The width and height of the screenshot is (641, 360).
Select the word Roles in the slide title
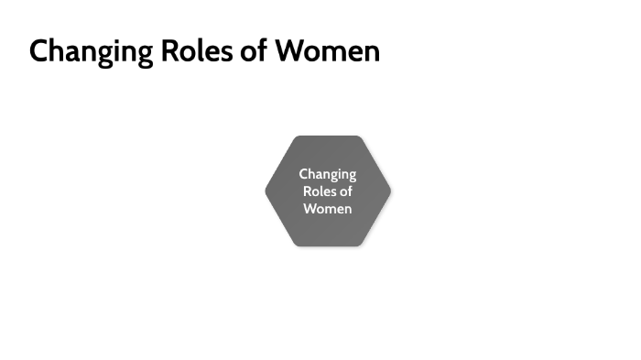[190, 50]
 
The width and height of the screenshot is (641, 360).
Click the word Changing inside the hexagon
[328, 174]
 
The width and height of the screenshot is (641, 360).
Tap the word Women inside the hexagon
[328, 209]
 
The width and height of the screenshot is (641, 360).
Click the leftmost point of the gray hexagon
[266, 191]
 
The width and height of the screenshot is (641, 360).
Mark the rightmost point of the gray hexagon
[391, 191]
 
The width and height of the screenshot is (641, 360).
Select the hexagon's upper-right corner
[360, 136]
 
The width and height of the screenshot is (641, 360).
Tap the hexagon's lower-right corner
[360, 245]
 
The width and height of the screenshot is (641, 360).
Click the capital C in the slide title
[39, 50]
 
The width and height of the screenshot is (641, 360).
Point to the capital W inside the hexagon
[310, 209]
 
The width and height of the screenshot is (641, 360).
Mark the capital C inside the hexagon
[304, 174]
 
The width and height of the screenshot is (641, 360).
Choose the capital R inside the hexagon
[307, 191]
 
